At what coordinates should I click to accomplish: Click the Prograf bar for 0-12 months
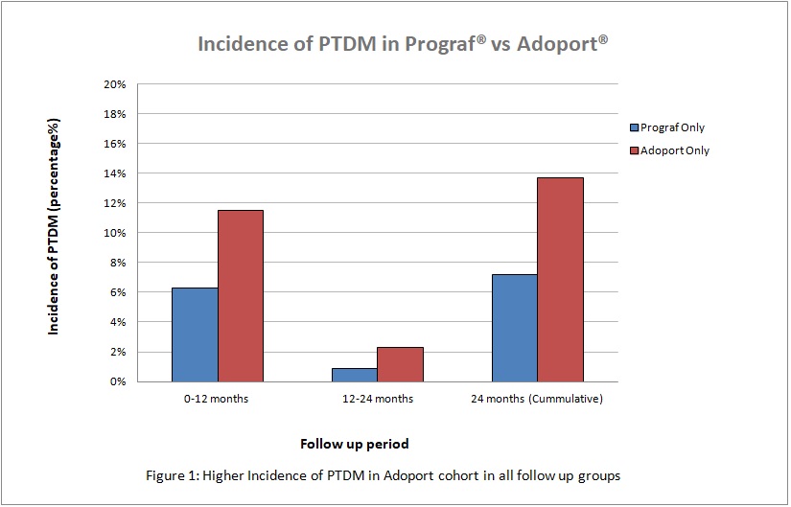click(x=195, y=334)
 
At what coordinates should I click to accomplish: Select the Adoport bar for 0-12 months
click(x=241, y=295)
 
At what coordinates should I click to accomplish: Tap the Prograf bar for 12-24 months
click(x=354, y=375)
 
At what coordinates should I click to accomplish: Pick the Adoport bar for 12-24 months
click(x=400, y=364)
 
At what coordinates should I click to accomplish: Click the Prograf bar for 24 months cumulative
click(x=514, y=328)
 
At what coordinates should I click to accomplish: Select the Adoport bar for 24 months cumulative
click(x=560, y=279)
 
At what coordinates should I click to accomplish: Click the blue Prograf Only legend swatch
click(x=634, y=127)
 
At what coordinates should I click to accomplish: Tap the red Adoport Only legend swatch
click(x=634, y=150)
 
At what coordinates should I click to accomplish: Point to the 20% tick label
click(x=115, y=84)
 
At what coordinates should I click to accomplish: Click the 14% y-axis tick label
click(x=115, y=173)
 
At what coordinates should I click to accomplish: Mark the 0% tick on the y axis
click(x=118, y=381)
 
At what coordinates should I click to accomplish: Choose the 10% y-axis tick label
click(x=115, y=233)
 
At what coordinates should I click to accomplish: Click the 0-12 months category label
click(x=218, y=399)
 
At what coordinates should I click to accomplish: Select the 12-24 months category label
click(x=377, y=399)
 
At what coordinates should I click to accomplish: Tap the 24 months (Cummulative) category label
click(x=538, y=399)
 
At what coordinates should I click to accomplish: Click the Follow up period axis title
click(x=355, y=444)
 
